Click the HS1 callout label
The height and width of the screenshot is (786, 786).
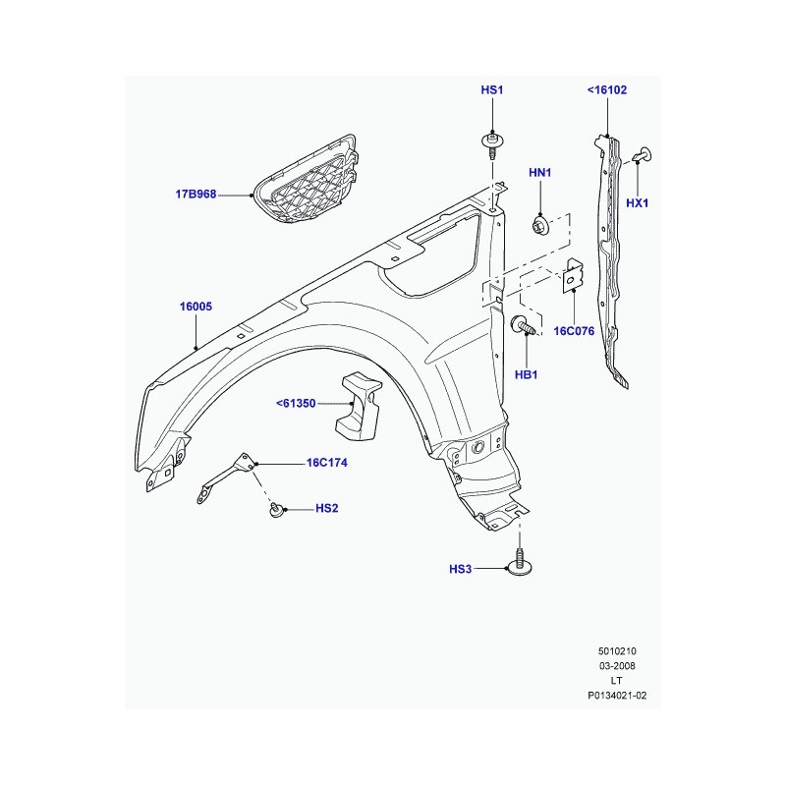pos(491,90)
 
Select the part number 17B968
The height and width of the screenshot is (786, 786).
pos(196,195)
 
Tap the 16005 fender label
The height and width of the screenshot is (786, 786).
pos(196,307)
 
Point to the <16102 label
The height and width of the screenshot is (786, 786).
pos(607,90)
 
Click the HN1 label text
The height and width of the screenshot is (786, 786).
pos(540,173)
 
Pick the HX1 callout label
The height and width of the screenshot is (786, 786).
pos(638,203)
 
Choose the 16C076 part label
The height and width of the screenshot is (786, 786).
pos(574,331)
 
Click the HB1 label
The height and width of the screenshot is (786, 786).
pos(526,375)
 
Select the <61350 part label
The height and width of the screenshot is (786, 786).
pos(296,403)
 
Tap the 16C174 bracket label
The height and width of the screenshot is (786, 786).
pos(327,462)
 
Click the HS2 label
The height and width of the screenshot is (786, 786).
pos(326,509)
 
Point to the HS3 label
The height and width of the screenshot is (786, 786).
pos(461,569)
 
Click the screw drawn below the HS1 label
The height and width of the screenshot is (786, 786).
pos(491,145)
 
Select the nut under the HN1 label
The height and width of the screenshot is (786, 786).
pos(539,225)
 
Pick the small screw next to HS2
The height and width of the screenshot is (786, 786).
pos(278,509)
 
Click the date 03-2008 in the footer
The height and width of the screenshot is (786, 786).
pos(618,666)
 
